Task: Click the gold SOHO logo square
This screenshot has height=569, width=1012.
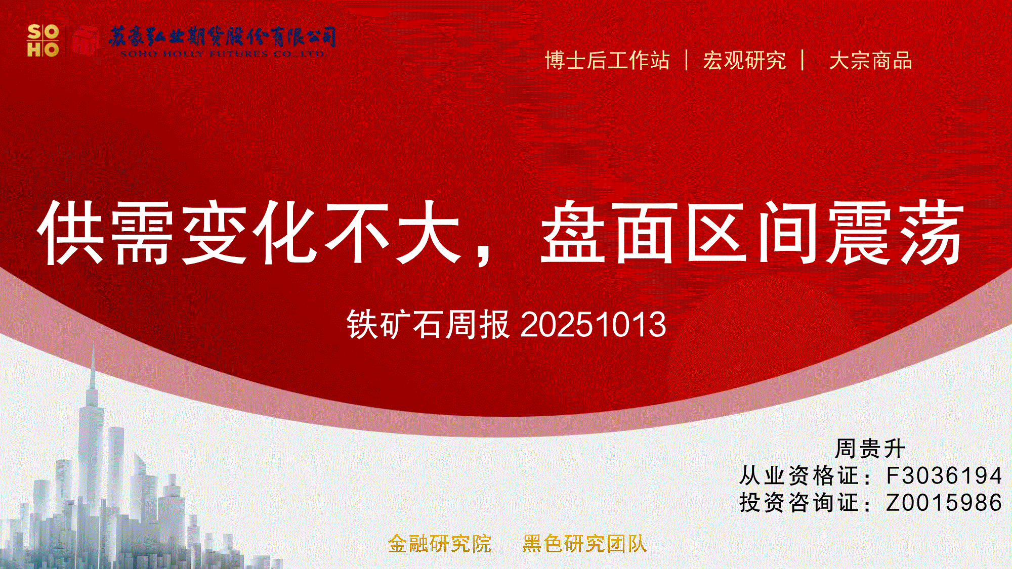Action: coord(43,40)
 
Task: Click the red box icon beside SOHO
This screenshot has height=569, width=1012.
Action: coord(86,40)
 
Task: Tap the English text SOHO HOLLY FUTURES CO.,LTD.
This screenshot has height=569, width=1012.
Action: coord(223,54)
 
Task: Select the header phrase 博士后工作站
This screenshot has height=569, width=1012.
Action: coord(607,61)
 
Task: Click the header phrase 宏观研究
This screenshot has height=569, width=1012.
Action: coord(744,61)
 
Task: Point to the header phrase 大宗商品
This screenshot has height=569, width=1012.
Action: coord(870,61)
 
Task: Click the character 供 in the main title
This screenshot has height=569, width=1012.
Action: coord(71,233)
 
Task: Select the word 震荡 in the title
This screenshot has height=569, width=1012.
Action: coord(895,232)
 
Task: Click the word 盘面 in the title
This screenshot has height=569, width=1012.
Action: coord(609,232)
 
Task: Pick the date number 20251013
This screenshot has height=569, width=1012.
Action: coord(593,324)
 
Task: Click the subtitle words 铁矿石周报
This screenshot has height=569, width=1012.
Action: coord(428,324)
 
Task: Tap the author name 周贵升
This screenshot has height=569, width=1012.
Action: coord(870,449)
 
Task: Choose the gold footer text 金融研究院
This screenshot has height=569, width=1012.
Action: coord(440,544)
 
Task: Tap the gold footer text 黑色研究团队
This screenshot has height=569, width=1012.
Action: coord(585,544)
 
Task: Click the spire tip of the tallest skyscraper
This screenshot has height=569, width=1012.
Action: coord(93,343)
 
